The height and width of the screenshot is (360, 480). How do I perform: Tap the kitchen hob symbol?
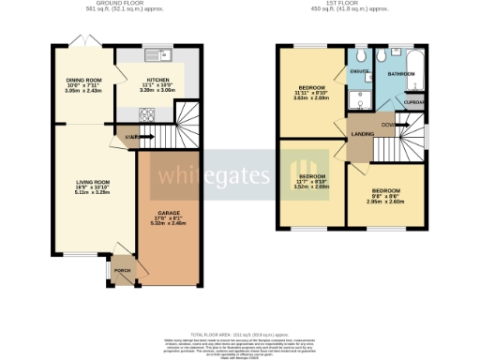[x=147, y=114]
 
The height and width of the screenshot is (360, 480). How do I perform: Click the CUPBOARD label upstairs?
[x=413, y=102]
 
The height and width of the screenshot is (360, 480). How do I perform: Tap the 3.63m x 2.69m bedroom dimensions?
[x=310, y=97]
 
